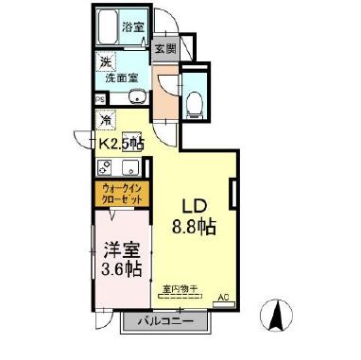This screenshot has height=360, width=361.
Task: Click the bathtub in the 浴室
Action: click(x=106, y=27)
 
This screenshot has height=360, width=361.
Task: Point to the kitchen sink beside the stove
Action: click(x=129, y=170)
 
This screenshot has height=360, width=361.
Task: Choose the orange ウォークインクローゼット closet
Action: click(x=121, y=197)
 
